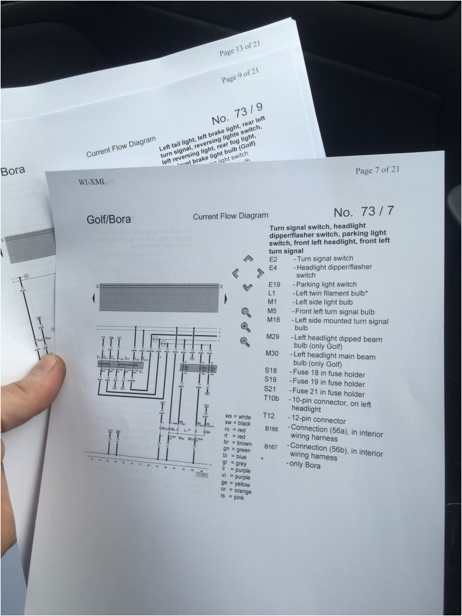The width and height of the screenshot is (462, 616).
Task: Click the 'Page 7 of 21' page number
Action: pos(377,170)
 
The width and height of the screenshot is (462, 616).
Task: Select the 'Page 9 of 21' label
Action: pos(240,76)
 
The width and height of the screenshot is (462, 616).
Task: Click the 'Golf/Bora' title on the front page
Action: pos(109,220)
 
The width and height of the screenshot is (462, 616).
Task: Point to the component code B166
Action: pos(271,429)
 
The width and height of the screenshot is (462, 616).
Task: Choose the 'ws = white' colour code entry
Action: pos(238,416)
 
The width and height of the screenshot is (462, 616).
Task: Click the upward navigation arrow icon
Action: pos(247,260)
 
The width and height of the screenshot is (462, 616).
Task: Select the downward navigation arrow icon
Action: pos(247,288)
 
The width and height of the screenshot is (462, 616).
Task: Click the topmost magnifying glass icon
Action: pos(246,312)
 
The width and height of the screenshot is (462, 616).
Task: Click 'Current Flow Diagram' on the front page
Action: pos(230,216)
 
